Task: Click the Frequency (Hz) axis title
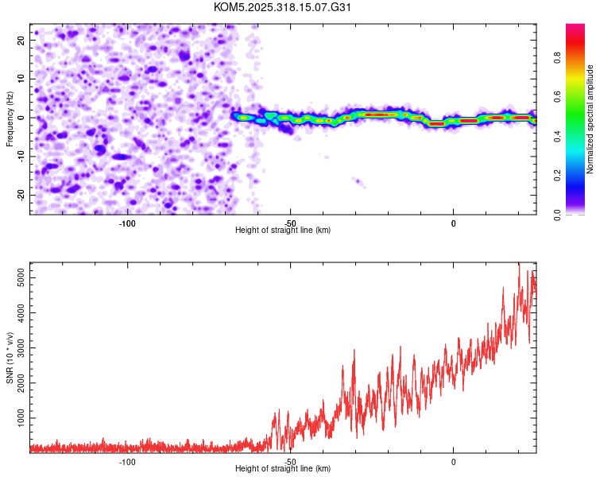point(10,118)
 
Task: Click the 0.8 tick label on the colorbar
point(579,57)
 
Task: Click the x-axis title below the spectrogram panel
point(283,231)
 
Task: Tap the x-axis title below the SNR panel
point(283,469)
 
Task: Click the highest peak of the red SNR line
point(519,263)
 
